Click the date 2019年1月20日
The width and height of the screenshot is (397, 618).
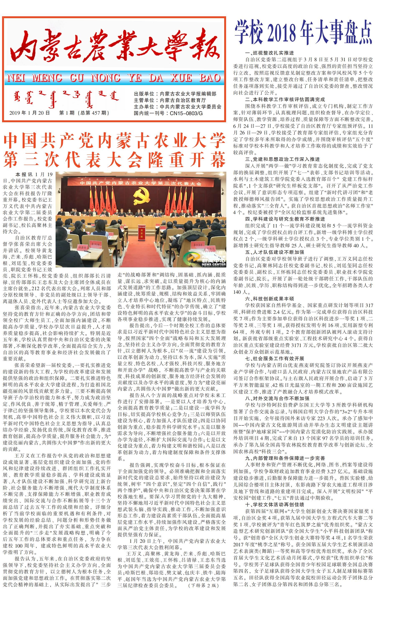coord(29,113)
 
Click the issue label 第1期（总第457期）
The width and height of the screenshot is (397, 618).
coord(84,113)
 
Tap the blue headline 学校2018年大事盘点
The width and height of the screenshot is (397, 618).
coord(303,32)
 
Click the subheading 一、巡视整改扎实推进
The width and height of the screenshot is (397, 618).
coord(269,53)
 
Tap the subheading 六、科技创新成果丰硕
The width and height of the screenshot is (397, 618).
coord(269,299)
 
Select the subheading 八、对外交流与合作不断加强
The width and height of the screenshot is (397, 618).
coord(277,398)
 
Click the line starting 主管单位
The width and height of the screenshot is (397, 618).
coord(170,100)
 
